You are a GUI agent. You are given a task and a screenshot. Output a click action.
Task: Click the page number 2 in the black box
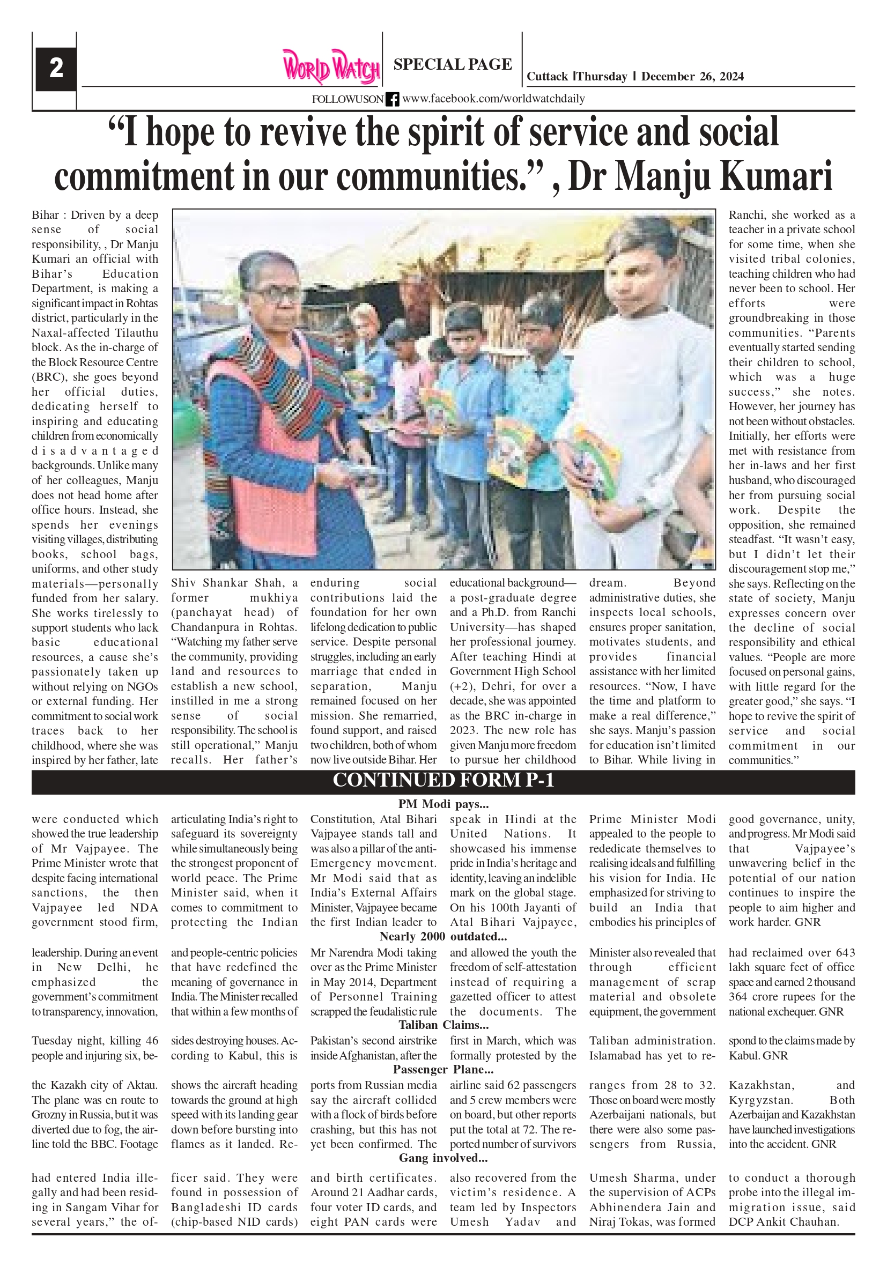coord(56,69)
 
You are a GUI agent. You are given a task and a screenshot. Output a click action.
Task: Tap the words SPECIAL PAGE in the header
coord(452,64)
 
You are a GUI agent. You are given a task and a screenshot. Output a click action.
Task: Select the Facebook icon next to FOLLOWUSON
coord(392,99)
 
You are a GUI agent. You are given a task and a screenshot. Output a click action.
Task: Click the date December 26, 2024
coord(692,77)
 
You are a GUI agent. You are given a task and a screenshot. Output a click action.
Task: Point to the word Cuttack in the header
coord(546,77)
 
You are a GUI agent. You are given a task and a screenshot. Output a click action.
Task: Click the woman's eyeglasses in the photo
coord(275,292)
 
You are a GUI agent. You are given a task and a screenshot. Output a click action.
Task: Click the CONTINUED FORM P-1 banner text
coord(443,780)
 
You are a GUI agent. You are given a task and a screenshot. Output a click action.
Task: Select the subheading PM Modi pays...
coord(443,804)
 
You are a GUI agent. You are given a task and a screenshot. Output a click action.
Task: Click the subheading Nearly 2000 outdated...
coord(443,937)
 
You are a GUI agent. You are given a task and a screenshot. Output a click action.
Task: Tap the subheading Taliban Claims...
coord(443,1025)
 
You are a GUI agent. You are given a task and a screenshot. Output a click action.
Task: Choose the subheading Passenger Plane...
coord(443,1070)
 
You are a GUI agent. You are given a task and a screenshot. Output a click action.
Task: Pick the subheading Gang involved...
coord(443,1158)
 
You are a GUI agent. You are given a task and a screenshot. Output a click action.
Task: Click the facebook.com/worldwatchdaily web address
coord(493,99)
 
